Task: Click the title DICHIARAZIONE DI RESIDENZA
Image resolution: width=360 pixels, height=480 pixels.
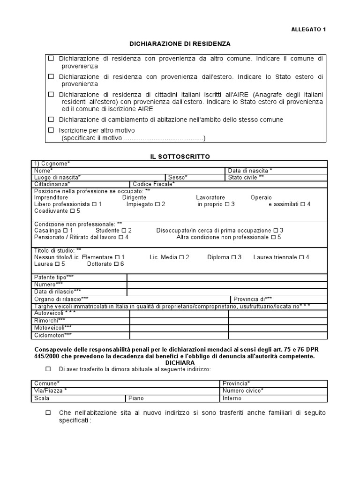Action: point(180,44)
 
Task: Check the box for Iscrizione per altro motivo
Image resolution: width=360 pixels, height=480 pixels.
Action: point(51,130)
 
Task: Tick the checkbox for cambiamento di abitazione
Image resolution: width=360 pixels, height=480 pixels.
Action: point(51,120)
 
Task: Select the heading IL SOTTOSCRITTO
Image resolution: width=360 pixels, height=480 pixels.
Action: point(180,156)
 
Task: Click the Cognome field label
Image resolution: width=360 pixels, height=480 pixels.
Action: point(52,163)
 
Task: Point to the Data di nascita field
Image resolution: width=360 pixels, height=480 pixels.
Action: point(250,170)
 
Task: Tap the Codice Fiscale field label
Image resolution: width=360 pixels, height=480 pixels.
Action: point(154,184)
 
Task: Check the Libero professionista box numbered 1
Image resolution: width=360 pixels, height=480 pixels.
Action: point(94,204)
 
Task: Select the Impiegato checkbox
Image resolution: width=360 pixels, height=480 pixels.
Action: point(157,204)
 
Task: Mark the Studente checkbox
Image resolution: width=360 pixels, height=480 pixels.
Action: point(124,231)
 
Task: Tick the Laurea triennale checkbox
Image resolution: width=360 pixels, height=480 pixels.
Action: point(301,257)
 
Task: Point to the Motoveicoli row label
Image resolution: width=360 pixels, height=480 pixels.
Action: point(53,328)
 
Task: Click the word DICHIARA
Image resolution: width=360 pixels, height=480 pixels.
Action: point(180,363)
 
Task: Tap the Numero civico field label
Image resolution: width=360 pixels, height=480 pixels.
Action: point(243,390)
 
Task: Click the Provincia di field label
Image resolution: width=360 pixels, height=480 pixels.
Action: point(252,299)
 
